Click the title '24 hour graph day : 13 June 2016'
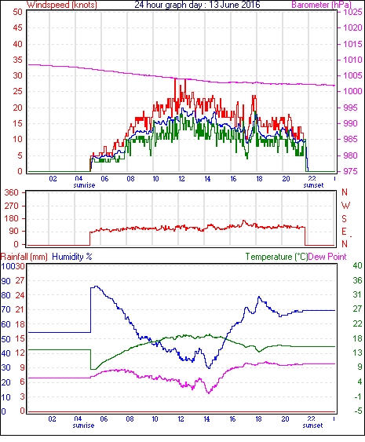point(197,5)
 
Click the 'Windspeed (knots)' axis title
point(62,5)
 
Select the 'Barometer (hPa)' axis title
point(322,5)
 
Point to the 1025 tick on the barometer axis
point(352,12)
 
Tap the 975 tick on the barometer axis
point(351,171)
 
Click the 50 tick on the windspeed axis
point(17,12)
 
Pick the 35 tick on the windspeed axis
point(17,60)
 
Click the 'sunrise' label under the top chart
point(84,185)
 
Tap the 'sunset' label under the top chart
point(313,185)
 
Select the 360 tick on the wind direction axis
point(12,192)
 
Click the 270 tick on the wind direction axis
point(12,206)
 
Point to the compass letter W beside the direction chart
point(345,206)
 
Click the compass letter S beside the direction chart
point(344,218)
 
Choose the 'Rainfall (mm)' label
point(24,257)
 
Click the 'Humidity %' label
point(72,257)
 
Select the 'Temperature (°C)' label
point(276,257)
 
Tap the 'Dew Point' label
point(327,257)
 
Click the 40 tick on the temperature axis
point(357,265)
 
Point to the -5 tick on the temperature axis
point(357,411)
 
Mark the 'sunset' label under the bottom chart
point(312,426)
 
